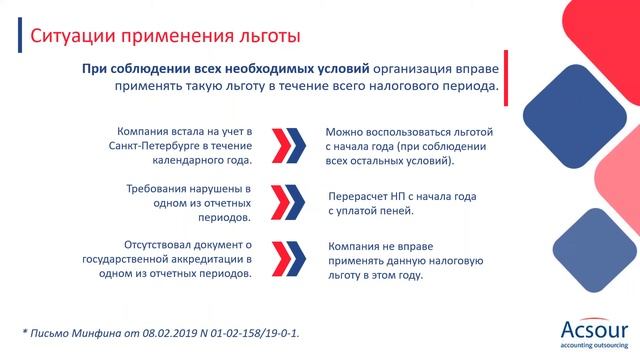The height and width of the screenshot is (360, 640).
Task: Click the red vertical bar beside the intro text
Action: click(x=506, y=77)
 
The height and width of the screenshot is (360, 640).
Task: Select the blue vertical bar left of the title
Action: click(x=22, y=39)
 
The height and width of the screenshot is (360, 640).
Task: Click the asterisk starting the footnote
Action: click(x=24, y=329)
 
